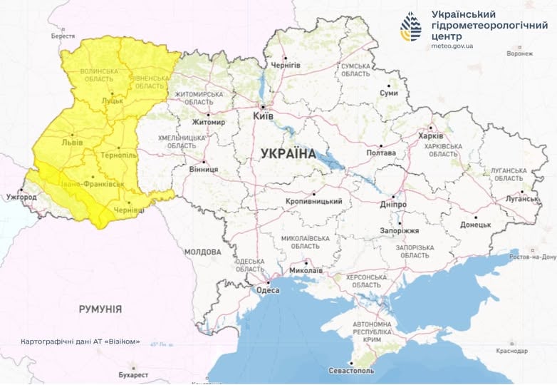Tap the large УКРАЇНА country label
pos(288,153)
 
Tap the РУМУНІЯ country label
pos(100,309)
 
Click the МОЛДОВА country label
pos(203,252)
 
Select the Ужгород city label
pos(21,196)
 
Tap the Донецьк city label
pos(475,225)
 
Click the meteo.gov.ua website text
pos(452,46)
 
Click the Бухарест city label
pos(134,374)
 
